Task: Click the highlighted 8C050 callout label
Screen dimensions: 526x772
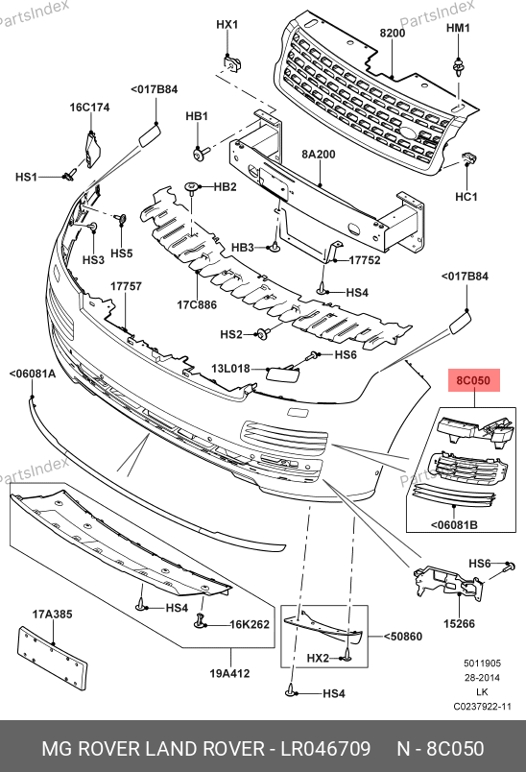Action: [473, 380]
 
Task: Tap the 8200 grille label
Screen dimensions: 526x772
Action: [393, 33]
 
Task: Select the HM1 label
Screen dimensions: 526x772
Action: [458, 28]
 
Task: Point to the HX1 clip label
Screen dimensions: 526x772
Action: [227, 24]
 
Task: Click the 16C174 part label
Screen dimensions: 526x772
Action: [89, 107]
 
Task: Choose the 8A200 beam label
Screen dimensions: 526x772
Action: [319, 154]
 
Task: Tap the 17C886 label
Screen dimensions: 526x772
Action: [197, 304]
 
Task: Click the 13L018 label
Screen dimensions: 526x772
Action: [230, 369]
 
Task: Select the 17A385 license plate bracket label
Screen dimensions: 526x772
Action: [52, 614]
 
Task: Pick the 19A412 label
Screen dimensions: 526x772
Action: [229, 673]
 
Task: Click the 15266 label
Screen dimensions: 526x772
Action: [459, 624]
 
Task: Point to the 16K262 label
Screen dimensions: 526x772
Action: [250, 624]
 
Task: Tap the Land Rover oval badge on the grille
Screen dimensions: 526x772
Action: [408, 133]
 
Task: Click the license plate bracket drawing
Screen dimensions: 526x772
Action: [52, 659]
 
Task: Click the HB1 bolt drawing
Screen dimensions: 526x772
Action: [201, 153]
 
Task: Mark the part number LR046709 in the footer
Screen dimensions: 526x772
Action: [325, 748]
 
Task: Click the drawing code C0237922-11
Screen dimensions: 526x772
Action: [482, 707]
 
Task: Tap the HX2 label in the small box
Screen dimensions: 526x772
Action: [318, 658]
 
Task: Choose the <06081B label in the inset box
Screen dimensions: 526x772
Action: [454, 525]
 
